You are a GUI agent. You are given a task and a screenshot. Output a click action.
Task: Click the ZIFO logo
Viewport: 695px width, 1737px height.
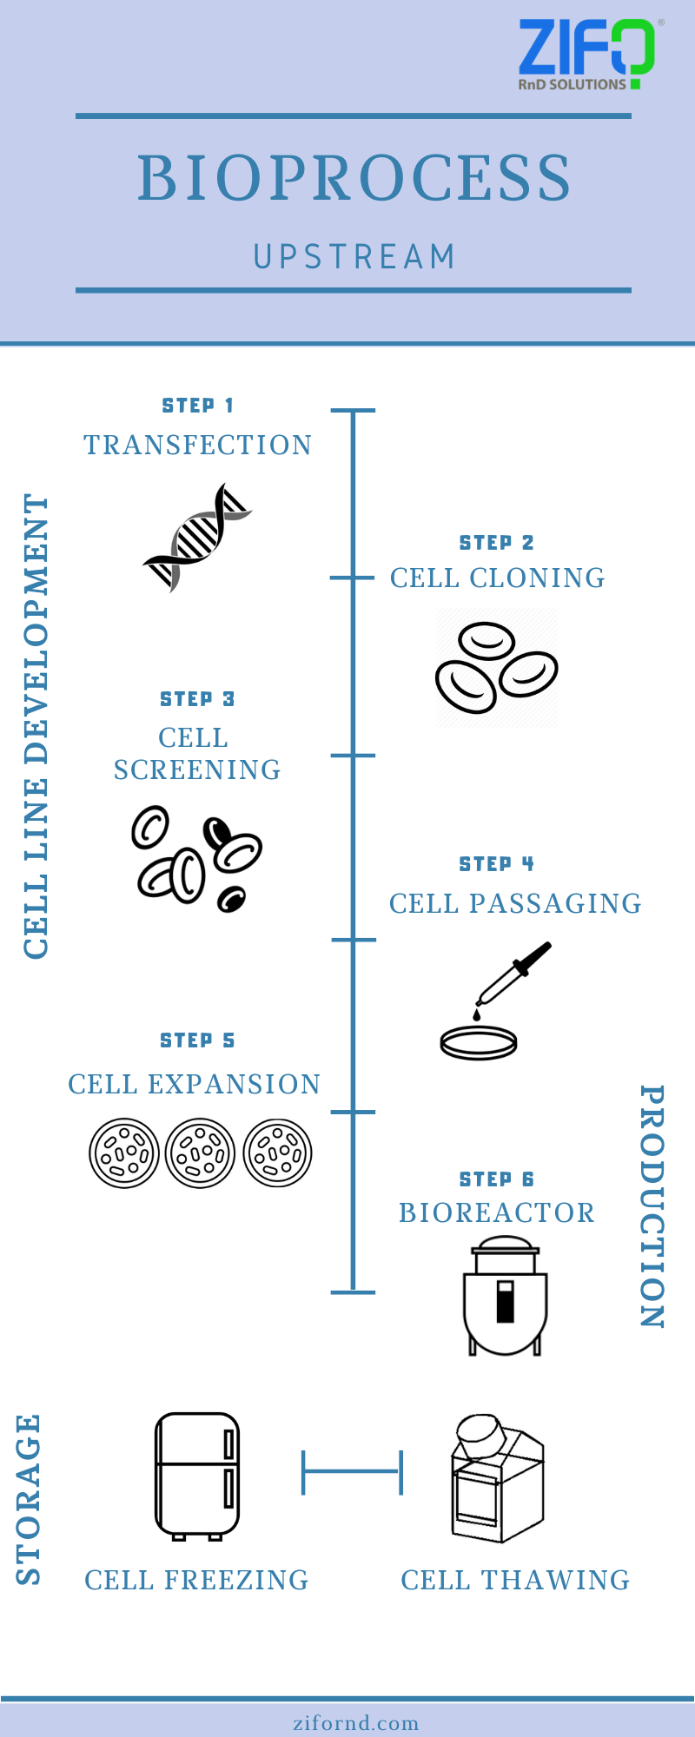(586, 54)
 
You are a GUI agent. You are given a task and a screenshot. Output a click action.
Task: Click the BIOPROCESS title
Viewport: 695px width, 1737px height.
(354, 178)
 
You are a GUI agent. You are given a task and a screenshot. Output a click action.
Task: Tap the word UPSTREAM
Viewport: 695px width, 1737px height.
(354, 257)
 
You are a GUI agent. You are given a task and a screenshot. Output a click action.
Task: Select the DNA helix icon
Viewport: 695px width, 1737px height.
(197, 538)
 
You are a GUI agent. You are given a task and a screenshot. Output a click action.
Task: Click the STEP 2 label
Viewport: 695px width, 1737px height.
(496, 543)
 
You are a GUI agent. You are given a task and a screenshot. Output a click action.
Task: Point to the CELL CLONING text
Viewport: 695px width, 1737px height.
(497, 578)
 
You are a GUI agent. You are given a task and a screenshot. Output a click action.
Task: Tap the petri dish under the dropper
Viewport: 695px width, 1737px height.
(478, 1042)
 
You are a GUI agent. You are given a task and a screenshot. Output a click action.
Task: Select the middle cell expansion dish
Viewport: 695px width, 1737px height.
(200, 1153)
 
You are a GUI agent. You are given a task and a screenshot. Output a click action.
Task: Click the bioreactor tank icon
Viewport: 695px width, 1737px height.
(505, 1298)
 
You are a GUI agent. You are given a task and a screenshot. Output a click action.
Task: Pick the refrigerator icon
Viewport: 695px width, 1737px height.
(197, 1476)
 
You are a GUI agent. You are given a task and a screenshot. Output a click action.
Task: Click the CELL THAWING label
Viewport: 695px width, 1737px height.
(515, 1580)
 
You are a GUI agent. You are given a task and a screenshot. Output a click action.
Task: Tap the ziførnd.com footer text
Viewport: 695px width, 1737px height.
(355, 1723)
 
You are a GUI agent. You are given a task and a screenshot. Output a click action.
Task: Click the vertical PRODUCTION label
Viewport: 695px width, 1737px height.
(652, 1206)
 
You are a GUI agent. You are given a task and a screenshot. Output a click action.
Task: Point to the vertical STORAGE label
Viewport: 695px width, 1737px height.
(29, 1499)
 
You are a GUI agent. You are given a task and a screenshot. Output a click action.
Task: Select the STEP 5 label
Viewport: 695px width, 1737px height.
(197, 1040)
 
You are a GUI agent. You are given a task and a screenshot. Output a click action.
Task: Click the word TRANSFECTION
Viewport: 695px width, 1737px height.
(197, 446)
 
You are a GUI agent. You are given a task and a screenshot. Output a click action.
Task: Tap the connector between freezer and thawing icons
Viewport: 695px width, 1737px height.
(352, 1472)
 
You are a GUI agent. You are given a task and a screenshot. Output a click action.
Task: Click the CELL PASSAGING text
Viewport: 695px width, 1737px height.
(515, 904)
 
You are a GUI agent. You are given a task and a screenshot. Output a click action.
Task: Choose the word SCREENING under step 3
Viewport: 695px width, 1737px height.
(197, 770)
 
